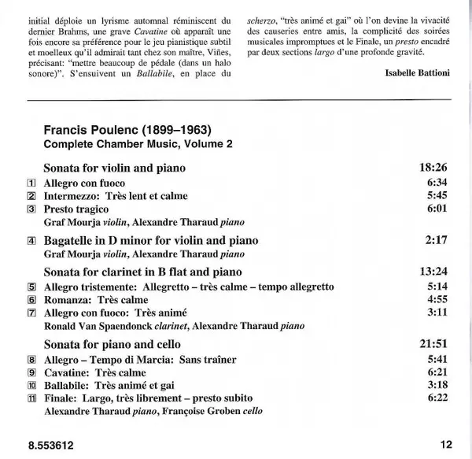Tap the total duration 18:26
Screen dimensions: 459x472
[x=430, y=168]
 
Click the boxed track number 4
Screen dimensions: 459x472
[x=31, y=239]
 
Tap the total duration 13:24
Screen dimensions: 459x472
[x=430, y=272]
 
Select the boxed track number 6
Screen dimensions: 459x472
[x=31, y=299]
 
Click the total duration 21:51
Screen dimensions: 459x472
[x=430, y=344]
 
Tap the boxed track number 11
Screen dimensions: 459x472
[x=31, y=398]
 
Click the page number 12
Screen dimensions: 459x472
[x=447, y=444]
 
